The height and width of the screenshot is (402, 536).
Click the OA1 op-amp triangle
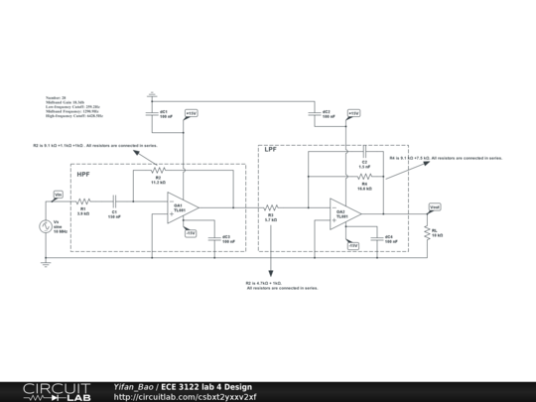(182, 207)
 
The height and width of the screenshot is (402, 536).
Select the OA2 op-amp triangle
(344, 213)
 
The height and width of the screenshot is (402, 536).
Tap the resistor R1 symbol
(84, 201)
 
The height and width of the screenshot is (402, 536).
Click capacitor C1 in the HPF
(115, 201)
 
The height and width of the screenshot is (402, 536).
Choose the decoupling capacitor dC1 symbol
(151, 112)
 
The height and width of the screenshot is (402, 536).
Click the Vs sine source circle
(45, 227)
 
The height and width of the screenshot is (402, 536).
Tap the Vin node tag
(58, 194)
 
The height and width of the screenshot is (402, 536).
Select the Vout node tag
(435, 206)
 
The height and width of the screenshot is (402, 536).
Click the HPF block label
(84, 174)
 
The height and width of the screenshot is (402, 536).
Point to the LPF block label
(270, 152)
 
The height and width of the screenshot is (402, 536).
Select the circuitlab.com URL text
(185, 396)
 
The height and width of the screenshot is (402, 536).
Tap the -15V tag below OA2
(352, 245)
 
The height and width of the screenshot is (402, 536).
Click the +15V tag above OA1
(191, 114)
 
